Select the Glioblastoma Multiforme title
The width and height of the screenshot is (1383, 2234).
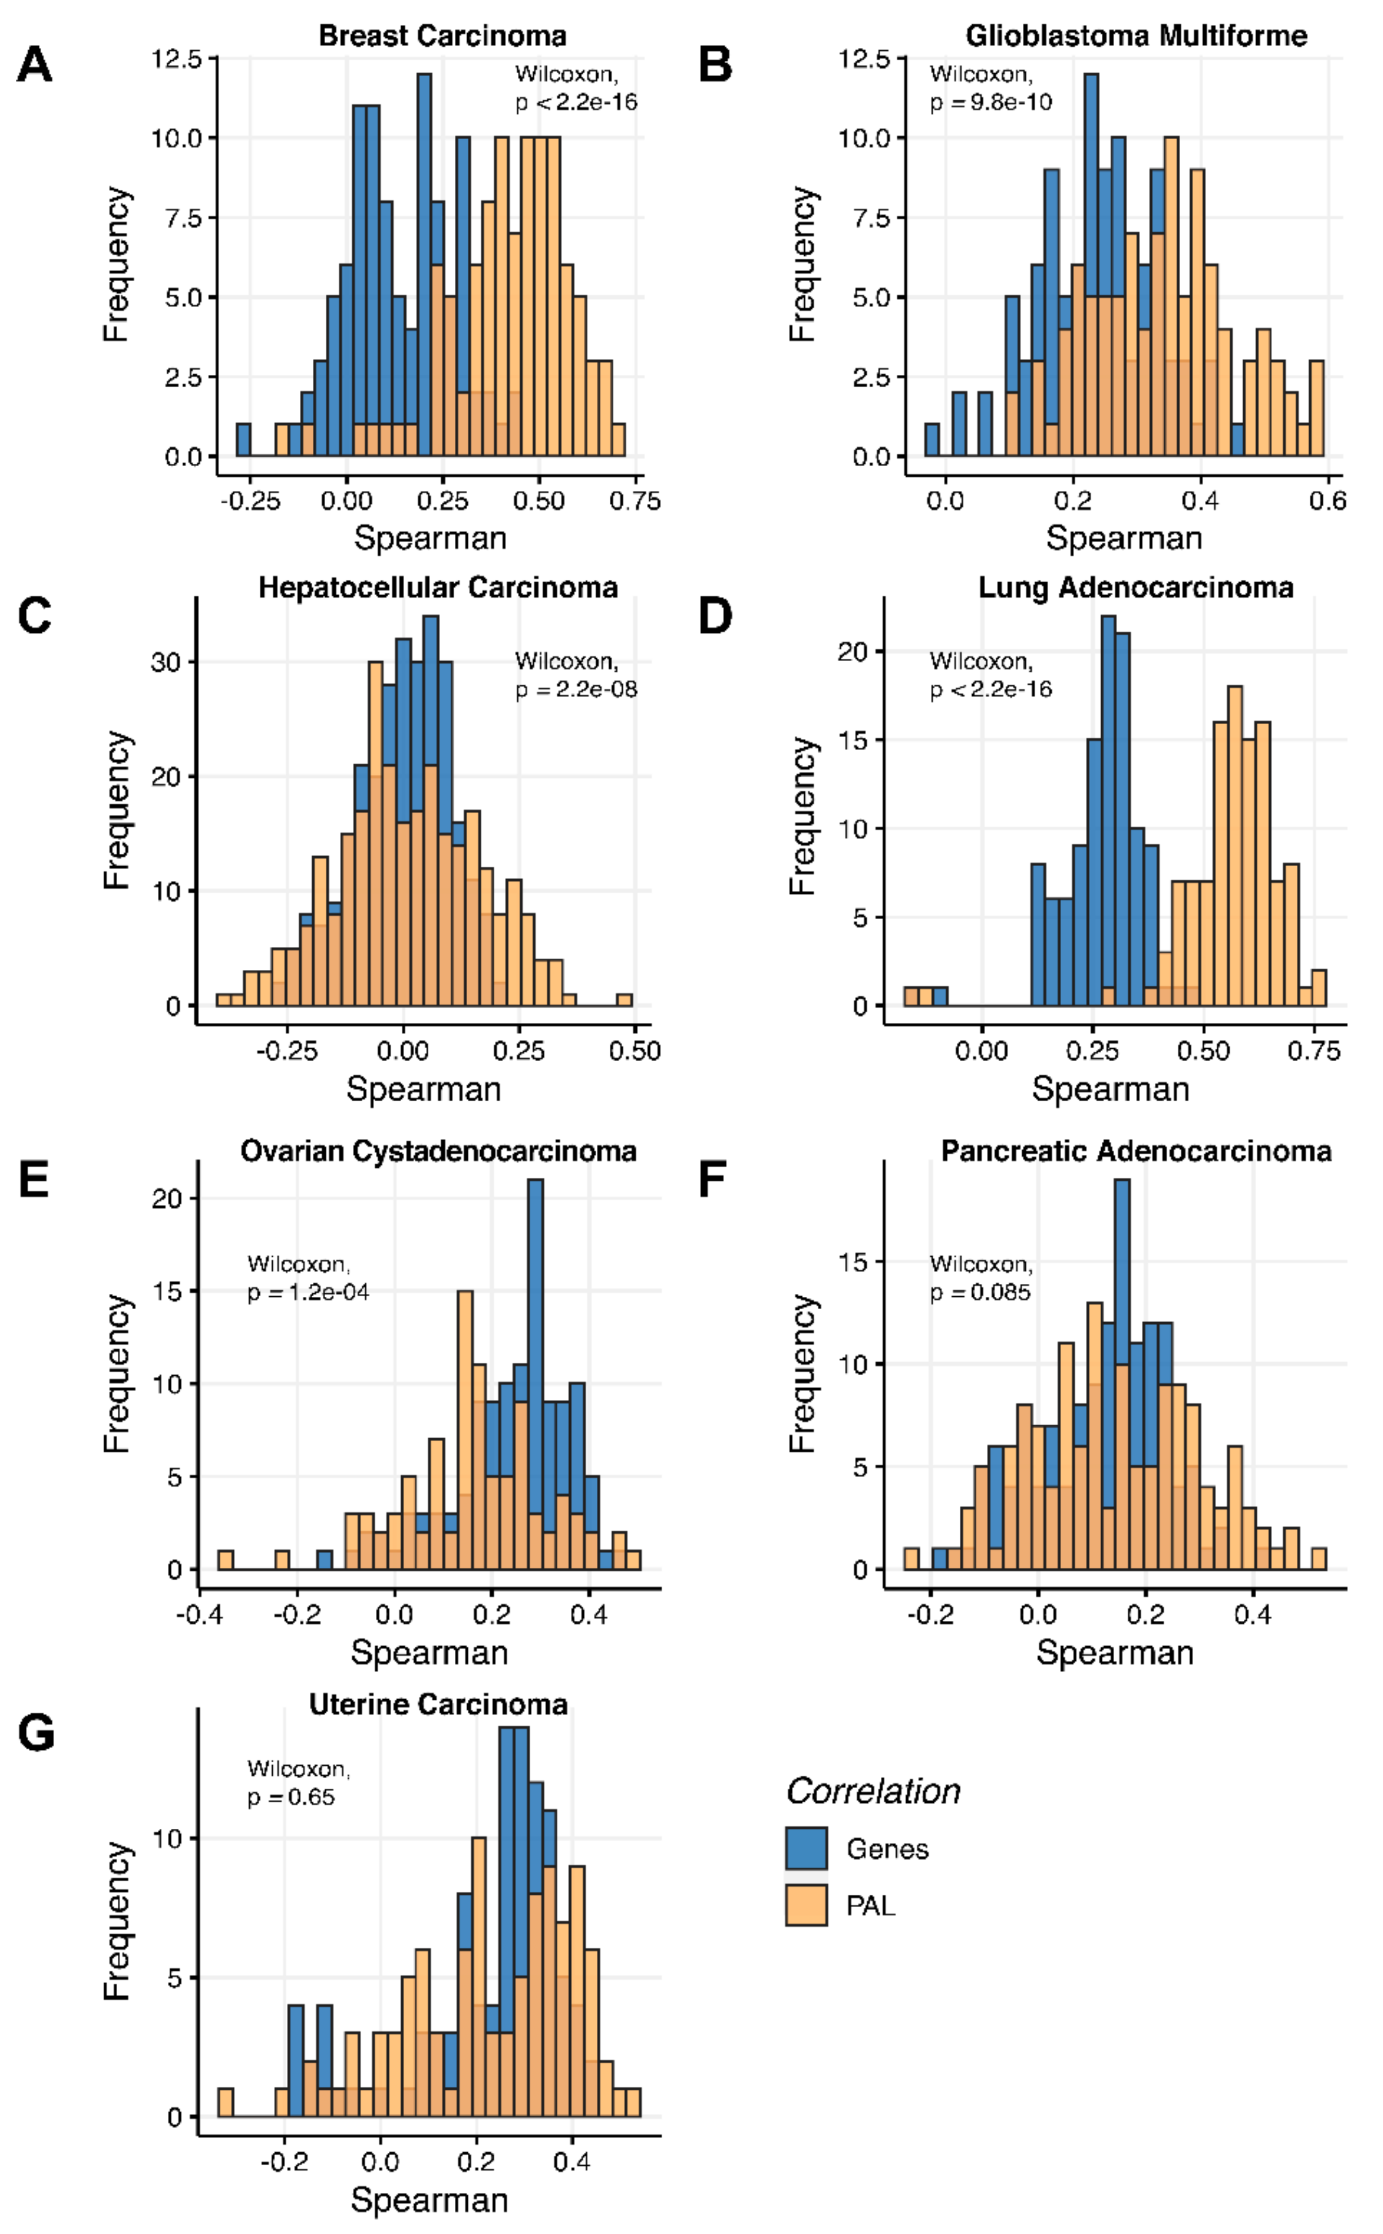tap(1136, 36)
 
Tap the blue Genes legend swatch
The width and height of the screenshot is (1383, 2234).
tap(806, 1848)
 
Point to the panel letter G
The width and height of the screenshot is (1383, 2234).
tap(36, 1734)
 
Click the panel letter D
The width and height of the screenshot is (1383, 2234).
tap(715, 617)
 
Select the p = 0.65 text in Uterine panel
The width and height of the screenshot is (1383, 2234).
tap(291, 1797)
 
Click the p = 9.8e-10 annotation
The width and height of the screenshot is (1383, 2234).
tap(991, 101)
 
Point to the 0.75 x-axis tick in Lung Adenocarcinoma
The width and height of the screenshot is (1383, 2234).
tap(1314, 1050)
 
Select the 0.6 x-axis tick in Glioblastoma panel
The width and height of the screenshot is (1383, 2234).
tap(1327, 500)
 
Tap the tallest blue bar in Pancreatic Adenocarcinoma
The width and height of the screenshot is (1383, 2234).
tap(1122, 1262)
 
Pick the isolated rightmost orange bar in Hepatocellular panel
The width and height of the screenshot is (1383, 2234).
tap(625, 999)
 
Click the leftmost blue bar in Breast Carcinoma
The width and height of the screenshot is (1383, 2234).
tap(243, 439)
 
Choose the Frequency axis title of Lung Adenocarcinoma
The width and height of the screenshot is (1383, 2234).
tap(802, 815)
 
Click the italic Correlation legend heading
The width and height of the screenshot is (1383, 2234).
tap(874, 1790)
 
